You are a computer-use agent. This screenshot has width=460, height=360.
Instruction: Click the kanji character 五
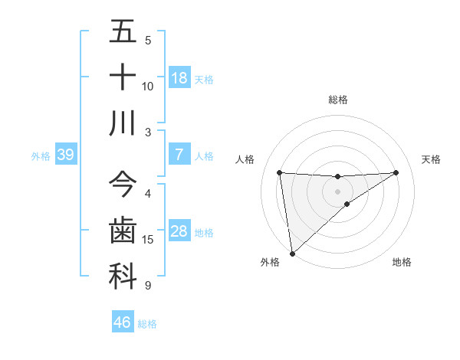coord(123,32)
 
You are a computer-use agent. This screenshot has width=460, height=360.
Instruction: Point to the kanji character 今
coord(123,185)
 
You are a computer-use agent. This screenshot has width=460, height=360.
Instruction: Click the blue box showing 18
coord(179,78)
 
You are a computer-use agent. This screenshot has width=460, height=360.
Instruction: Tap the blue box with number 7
coord(179,155)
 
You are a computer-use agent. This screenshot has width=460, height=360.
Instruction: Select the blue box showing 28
coord(179,232)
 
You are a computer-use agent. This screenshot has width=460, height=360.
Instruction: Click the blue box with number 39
coord(65,155)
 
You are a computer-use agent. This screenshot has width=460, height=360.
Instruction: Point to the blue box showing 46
coord(122,322)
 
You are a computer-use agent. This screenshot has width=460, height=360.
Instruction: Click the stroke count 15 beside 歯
coord(148,240)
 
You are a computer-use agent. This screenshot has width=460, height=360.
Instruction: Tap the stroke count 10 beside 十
coord(148,87)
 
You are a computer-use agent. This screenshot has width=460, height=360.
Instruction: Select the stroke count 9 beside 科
coord(148,286)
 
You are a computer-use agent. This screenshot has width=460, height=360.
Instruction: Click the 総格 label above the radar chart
coord(338,100)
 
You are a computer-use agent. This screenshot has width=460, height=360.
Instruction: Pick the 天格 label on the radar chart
coord(432,159)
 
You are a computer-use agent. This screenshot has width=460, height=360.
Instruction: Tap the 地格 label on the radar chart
coord(402,262)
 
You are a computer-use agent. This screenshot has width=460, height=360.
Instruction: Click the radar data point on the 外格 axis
coord(292,253)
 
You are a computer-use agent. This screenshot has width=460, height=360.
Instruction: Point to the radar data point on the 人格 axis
coord(279,172)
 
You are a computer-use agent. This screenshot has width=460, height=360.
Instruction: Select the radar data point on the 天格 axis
coord(396,172)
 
